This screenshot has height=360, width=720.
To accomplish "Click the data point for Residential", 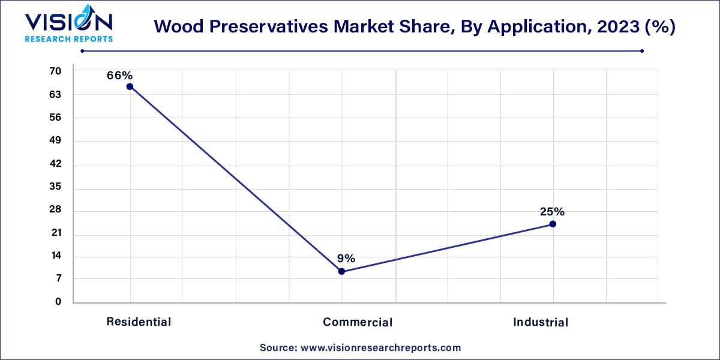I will [130, 86].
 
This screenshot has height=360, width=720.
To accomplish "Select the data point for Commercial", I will [341, 271].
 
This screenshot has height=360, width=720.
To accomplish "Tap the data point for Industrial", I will [553, 224].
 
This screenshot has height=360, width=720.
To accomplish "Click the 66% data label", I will [119, 76].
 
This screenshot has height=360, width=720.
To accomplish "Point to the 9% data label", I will [346, 259].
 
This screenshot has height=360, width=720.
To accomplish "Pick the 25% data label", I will [551, 212].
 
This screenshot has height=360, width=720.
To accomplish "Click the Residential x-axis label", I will [139, 322].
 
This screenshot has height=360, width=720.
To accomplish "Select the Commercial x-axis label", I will [358, 322].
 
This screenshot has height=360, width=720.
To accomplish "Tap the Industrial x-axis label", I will [540, 322].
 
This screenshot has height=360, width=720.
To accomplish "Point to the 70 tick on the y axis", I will [55, 71].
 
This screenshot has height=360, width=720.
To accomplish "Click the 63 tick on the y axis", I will [55, 95].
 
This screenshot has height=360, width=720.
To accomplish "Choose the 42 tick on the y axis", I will [55, 164].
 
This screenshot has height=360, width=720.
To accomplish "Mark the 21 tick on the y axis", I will [55, 233].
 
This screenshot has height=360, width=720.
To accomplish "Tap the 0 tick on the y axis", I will [58, 302].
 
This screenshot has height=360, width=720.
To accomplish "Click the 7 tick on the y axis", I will [58, 279].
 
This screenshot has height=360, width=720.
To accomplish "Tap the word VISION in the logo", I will [68, 22].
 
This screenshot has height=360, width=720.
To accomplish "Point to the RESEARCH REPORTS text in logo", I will [68, 39].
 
